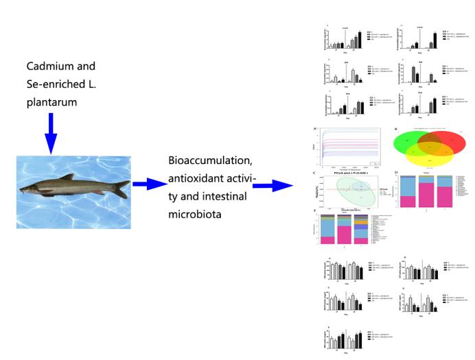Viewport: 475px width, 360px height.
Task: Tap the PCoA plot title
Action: pyautogui.click(x=347, y=175)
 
